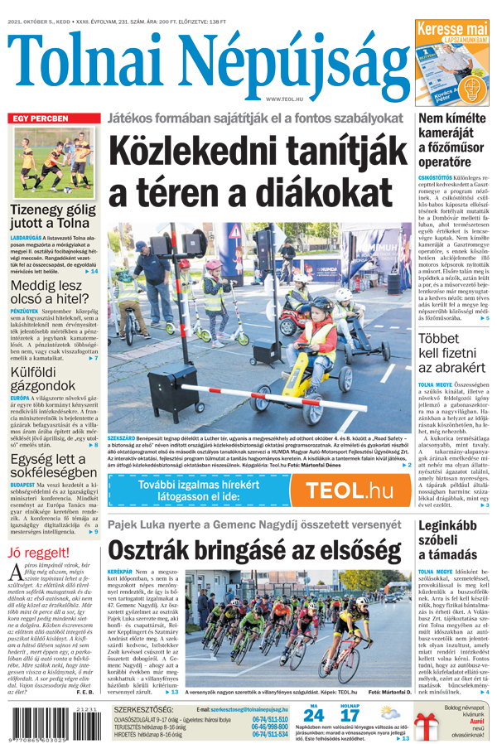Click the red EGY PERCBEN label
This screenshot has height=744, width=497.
[39, 118]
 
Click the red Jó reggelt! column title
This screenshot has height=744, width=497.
[37, 552]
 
